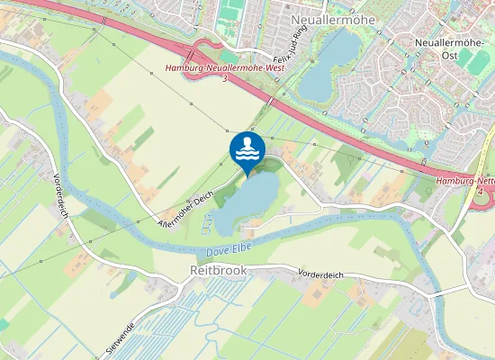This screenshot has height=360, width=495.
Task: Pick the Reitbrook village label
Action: pos(217,270)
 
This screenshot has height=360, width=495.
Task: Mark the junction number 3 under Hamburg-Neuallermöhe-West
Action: pos(224,79)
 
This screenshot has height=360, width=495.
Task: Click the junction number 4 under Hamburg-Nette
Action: pos(481,192)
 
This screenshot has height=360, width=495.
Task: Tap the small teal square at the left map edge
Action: pos(4,323)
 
